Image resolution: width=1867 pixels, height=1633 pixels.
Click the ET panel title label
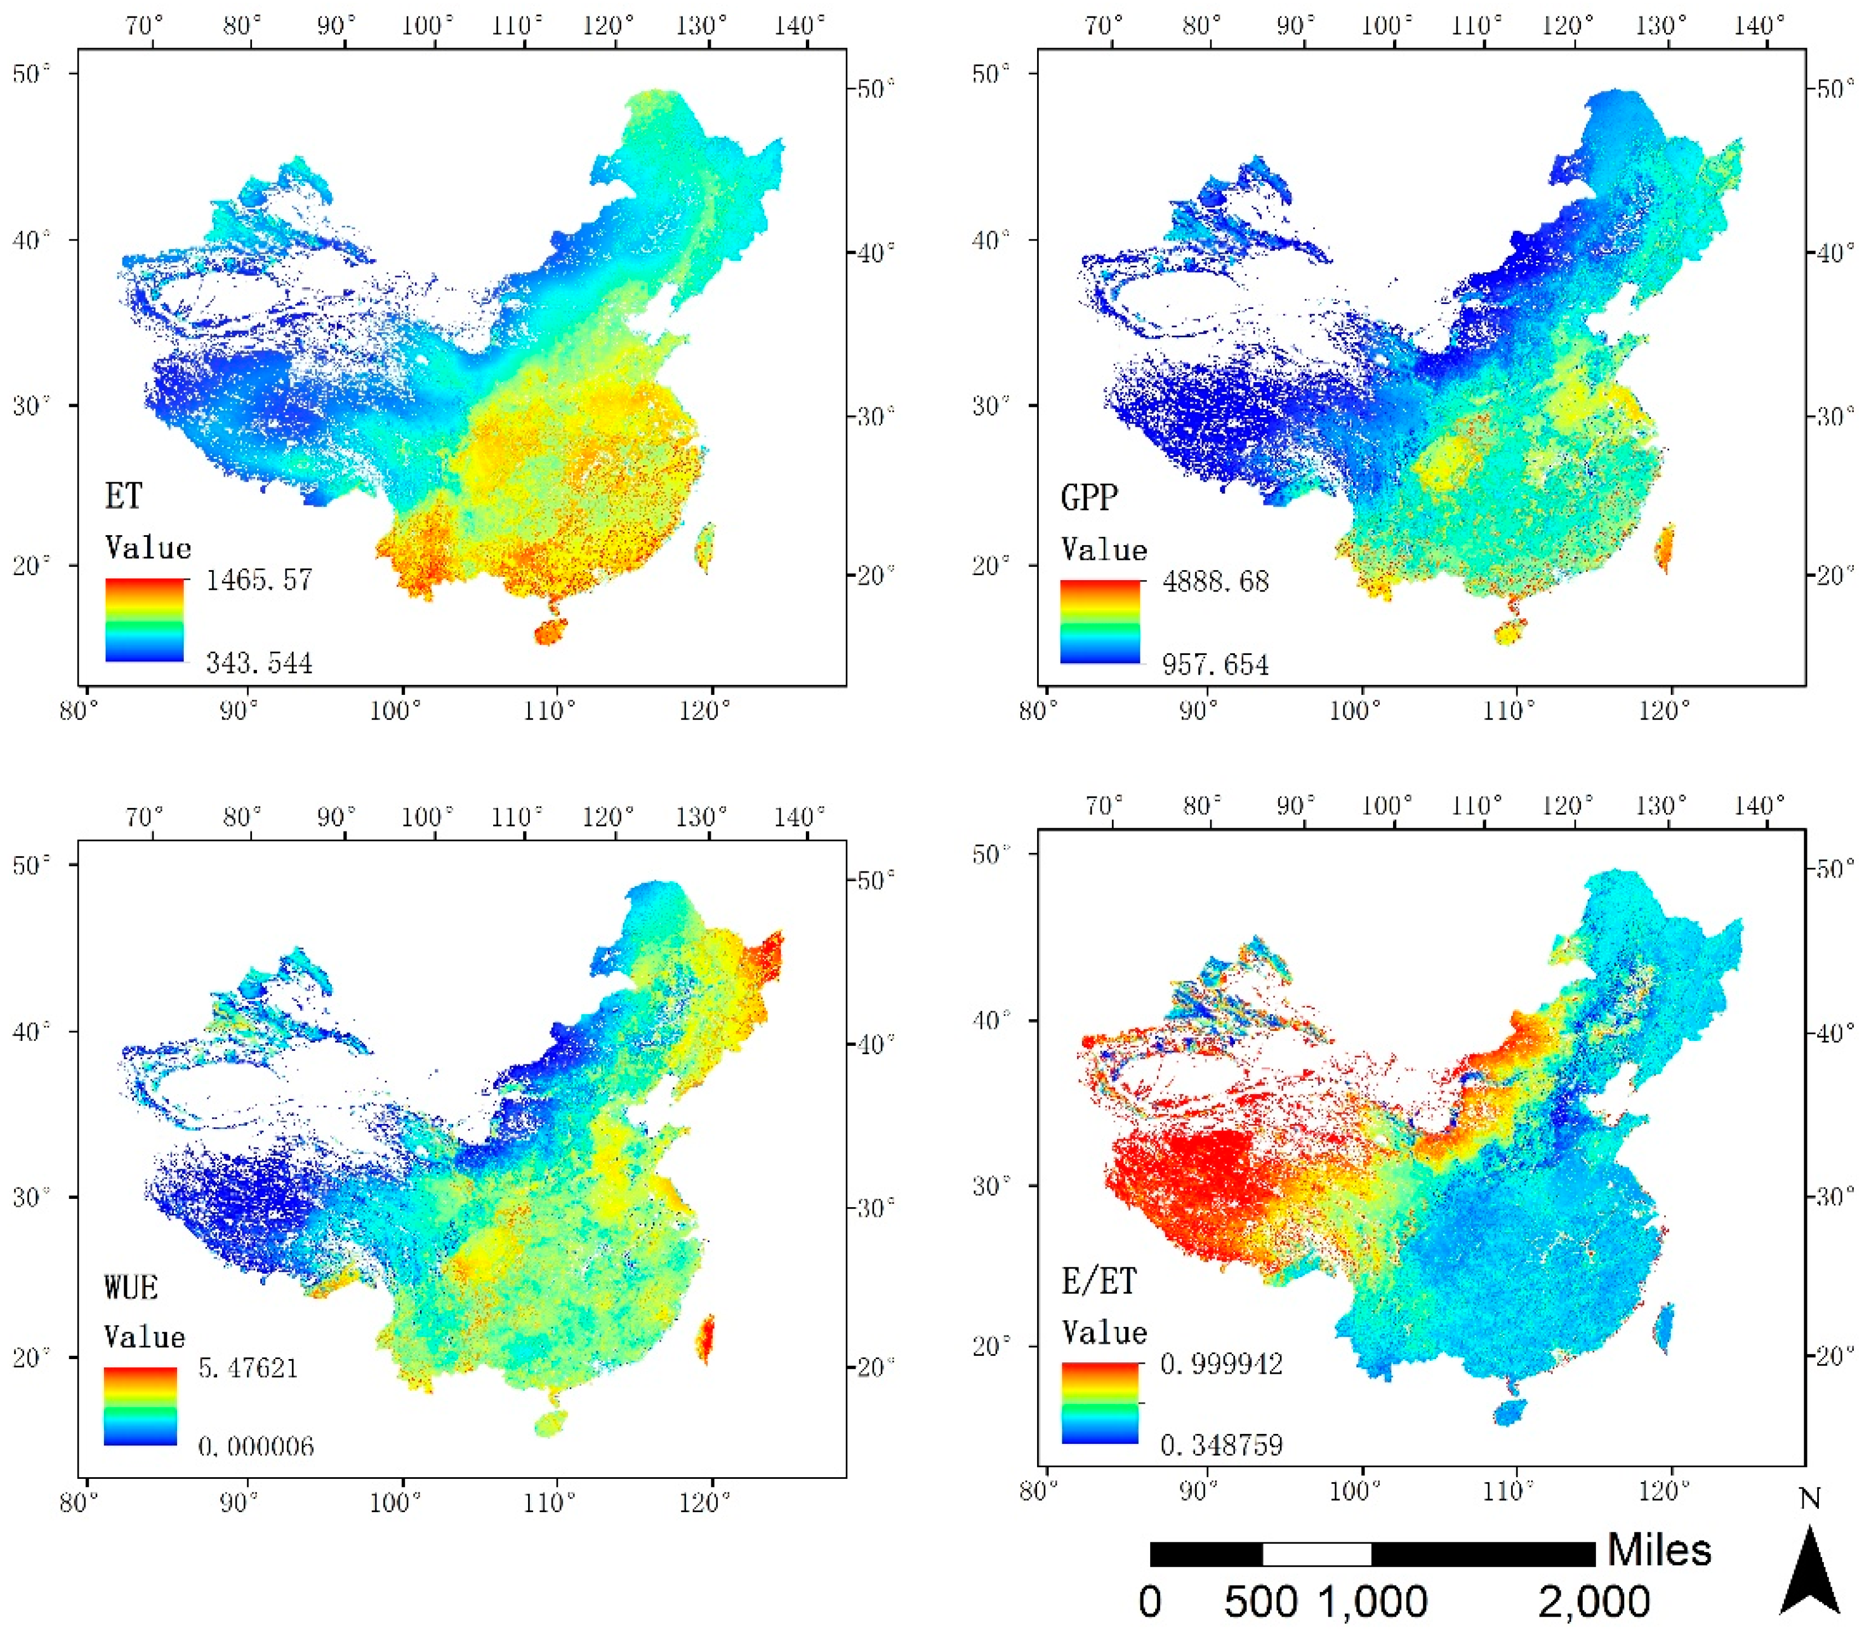(124, 496)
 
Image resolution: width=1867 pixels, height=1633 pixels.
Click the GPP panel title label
(1089, 497)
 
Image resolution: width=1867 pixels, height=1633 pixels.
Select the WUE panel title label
(131, 1287)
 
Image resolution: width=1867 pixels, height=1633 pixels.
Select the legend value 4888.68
(1215, 581)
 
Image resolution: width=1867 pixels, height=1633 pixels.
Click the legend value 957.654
(1215, 664)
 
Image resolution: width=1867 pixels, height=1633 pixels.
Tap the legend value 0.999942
(1221, 1364)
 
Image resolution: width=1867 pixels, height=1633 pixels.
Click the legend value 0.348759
(1221, 1444)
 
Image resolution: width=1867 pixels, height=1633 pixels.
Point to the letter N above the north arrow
(1810, 1499)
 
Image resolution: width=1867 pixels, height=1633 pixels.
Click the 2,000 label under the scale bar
(1595, 1602)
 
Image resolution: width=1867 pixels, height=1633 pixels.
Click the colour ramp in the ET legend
(145, 619)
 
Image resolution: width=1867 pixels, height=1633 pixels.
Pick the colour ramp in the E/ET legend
(1100, 1403)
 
